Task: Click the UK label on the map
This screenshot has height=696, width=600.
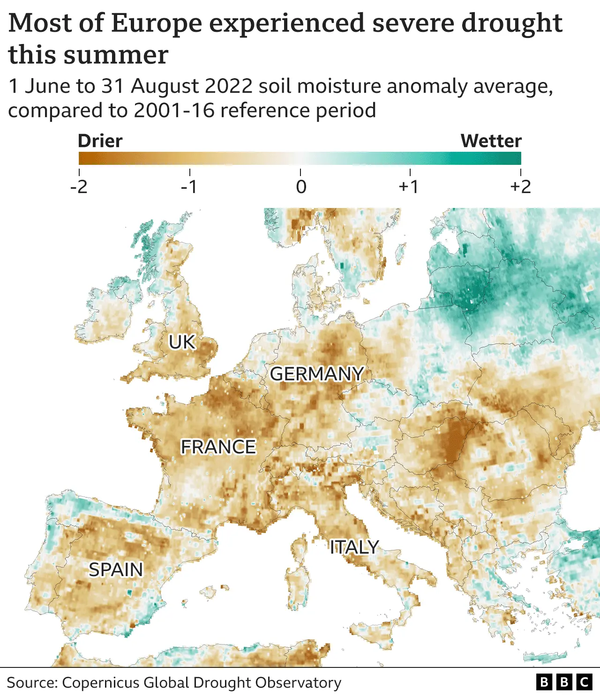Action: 182,342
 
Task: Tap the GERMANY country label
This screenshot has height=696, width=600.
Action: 317,374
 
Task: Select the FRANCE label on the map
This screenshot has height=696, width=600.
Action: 218,447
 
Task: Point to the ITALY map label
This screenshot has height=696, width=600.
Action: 354,547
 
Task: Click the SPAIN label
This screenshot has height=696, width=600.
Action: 116,570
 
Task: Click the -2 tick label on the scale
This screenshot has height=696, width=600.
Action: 79,187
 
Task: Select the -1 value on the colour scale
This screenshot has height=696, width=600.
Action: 189,187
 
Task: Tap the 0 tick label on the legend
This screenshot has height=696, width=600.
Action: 301,187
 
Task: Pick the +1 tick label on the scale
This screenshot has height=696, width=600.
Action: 409,187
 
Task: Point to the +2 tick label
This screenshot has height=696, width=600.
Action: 520,187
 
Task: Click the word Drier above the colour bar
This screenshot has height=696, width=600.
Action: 100,141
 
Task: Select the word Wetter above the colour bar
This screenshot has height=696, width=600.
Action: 491,141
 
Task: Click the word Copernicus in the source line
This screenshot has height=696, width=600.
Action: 100,682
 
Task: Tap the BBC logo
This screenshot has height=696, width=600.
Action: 564,682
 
